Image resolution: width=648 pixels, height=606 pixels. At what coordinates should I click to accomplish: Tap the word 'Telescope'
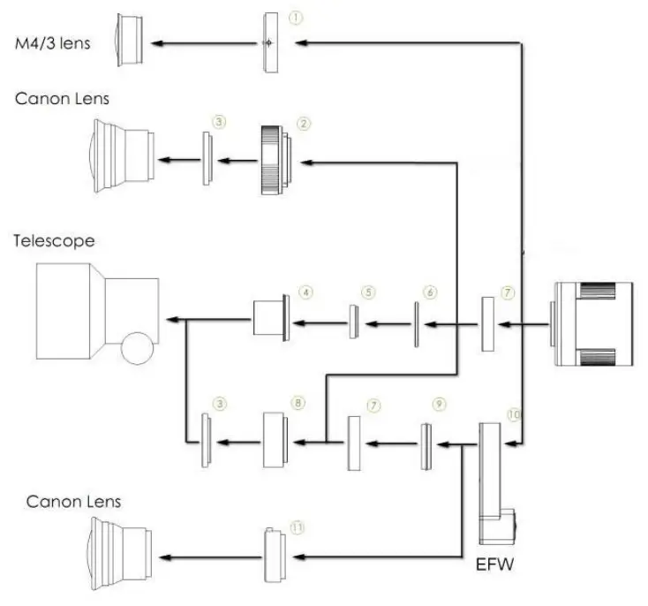[53, 239]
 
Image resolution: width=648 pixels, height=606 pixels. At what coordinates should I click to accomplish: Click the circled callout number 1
[297, 17]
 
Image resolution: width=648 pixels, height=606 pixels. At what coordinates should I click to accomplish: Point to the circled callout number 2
[303, 124]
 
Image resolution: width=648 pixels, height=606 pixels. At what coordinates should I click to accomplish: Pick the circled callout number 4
[305, 290]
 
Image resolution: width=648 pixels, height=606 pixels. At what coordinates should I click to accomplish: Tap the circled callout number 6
[430, 290]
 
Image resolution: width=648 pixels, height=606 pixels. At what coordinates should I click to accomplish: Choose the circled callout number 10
[514, 413]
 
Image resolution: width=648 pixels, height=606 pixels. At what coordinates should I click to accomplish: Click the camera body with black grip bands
[591, 323]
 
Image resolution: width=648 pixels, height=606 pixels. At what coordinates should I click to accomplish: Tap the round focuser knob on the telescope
[140, 347]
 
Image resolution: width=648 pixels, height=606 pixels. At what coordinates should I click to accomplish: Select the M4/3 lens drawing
[131, 42]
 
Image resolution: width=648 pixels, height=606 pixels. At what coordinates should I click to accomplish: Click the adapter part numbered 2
[275, 159]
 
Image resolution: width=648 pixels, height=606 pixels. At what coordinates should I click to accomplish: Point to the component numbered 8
[278, 439]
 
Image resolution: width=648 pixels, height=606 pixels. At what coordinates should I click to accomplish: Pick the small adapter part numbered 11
[275, 555]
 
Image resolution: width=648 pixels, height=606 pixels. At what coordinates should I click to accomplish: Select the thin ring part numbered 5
[352, 322]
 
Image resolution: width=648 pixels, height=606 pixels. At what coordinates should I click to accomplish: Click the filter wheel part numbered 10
[492, 481]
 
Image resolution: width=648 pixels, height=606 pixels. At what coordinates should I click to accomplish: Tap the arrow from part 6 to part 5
[388, 323]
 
